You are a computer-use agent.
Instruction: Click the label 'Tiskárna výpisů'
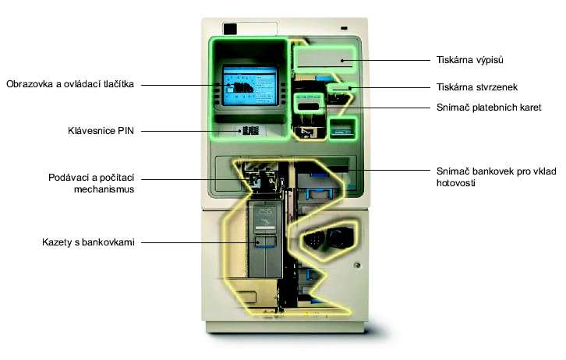469,60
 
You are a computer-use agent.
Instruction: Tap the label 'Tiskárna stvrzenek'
477,87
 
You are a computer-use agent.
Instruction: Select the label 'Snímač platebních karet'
489,107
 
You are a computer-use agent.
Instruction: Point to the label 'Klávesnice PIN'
101,131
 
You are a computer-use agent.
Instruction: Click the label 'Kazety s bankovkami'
88,242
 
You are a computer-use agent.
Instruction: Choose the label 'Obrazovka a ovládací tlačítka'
70,84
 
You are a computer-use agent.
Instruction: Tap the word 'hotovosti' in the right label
455,183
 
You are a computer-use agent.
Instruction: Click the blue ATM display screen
249,85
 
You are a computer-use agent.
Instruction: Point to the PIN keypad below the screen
250,131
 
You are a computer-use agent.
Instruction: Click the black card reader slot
308,107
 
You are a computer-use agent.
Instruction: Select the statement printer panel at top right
324,58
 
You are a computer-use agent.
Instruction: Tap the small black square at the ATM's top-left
230,29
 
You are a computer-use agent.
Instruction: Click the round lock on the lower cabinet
357,266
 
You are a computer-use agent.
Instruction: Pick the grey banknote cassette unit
265,238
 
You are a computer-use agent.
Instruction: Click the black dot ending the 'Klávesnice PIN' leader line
239,131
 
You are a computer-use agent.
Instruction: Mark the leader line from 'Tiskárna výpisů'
386,60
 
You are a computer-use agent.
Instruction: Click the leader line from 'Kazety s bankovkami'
200,242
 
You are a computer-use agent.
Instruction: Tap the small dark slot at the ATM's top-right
344,28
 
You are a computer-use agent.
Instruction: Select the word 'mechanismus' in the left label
104,189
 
